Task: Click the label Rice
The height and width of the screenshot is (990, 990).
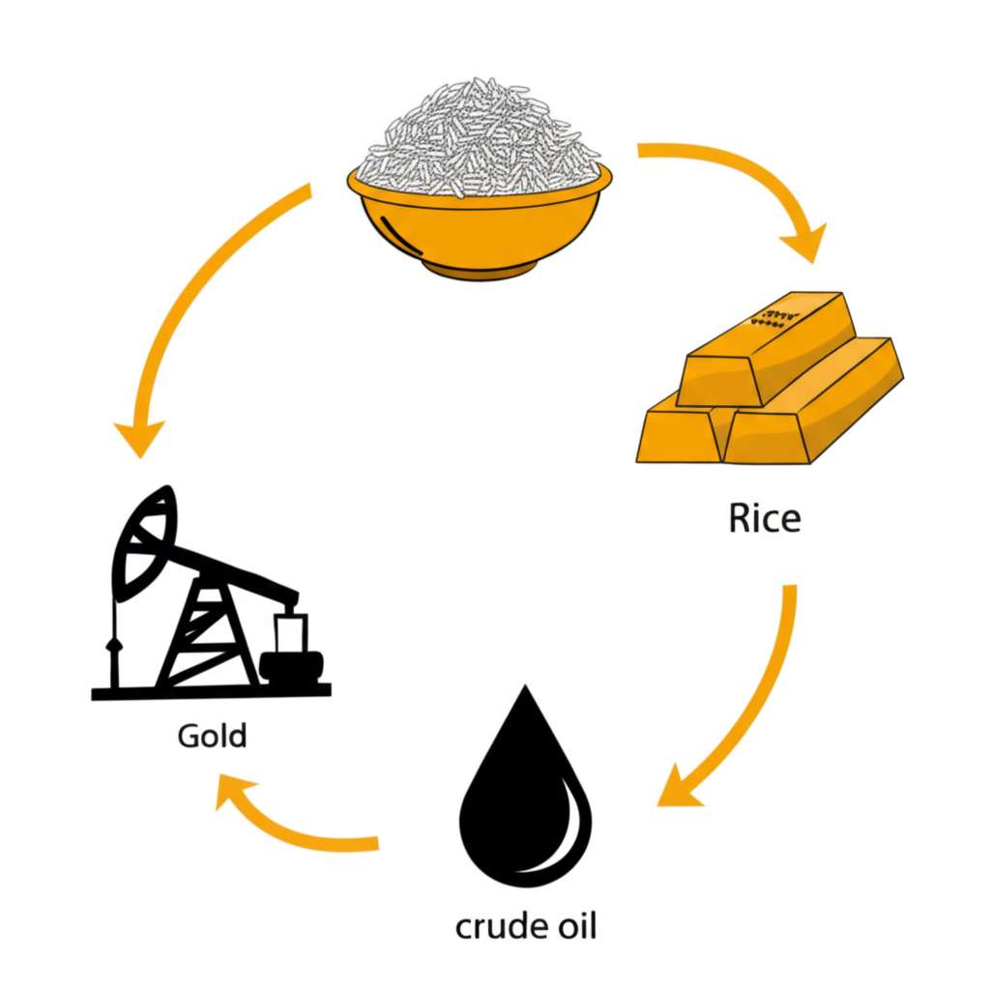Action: coord(764,519)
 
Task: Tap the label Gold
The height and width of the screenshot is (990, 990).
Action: coord(212,736)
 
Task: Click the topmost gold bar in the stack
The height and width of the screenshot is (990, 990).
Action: coord(769,348)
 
